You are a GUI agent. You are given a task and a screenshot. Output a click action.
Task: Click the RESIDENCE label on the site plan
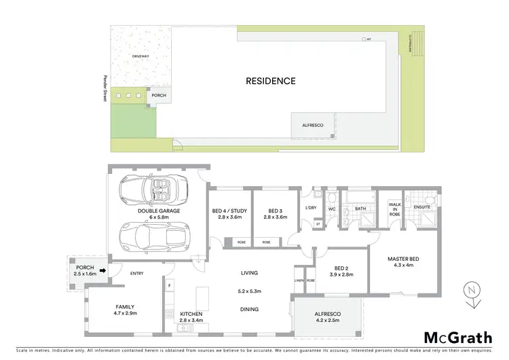click(270, 81)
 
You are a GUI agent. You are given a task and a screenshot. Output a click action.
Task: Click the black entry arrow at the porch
click(102, 270)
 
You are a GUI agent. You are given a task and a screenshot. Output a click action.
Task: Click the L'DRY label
click(312, 207)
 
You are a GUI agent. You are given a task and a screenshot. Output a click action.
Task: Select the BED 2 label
click(341, 270)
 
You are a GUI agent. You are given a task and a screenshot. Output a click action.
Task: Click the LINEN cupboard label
click(299, 281)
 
